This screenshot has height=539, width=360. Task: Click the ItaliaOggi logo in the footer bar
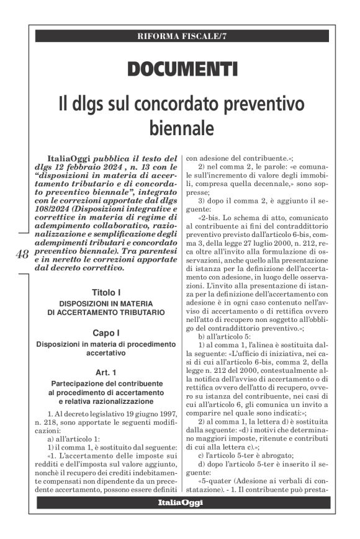(x=180, y=502)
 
